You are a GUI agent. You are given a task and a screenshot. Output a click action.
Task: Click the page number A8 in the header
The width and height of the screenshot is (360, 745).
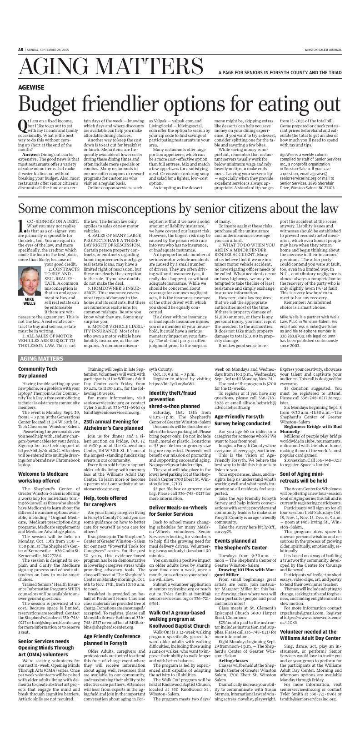[21, 50]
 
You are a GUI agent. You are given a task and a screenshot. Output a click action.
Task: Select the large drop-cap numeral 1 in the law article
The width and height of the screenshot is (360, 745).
[21, 226]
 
